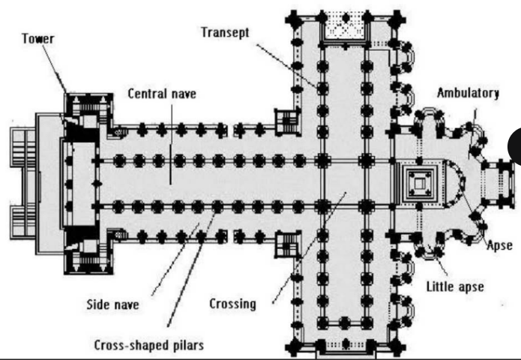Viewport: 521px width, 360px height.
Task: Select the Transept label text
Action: pos(226,33)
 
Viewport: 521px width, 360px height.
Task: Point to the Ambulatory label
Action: pos(469,93)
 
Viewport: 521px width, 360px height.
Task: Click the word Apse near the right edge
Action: pos(499,244)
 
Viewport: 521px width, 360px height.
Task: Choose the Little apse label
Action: pos(454,286)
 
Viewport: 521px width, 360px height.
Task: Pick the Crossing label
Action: pos(233,304)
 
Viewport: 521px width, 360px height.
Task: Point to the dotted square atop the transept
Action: pos(345,25)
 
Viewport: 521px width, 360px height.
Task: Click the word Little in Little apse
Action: pos(441,286)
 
